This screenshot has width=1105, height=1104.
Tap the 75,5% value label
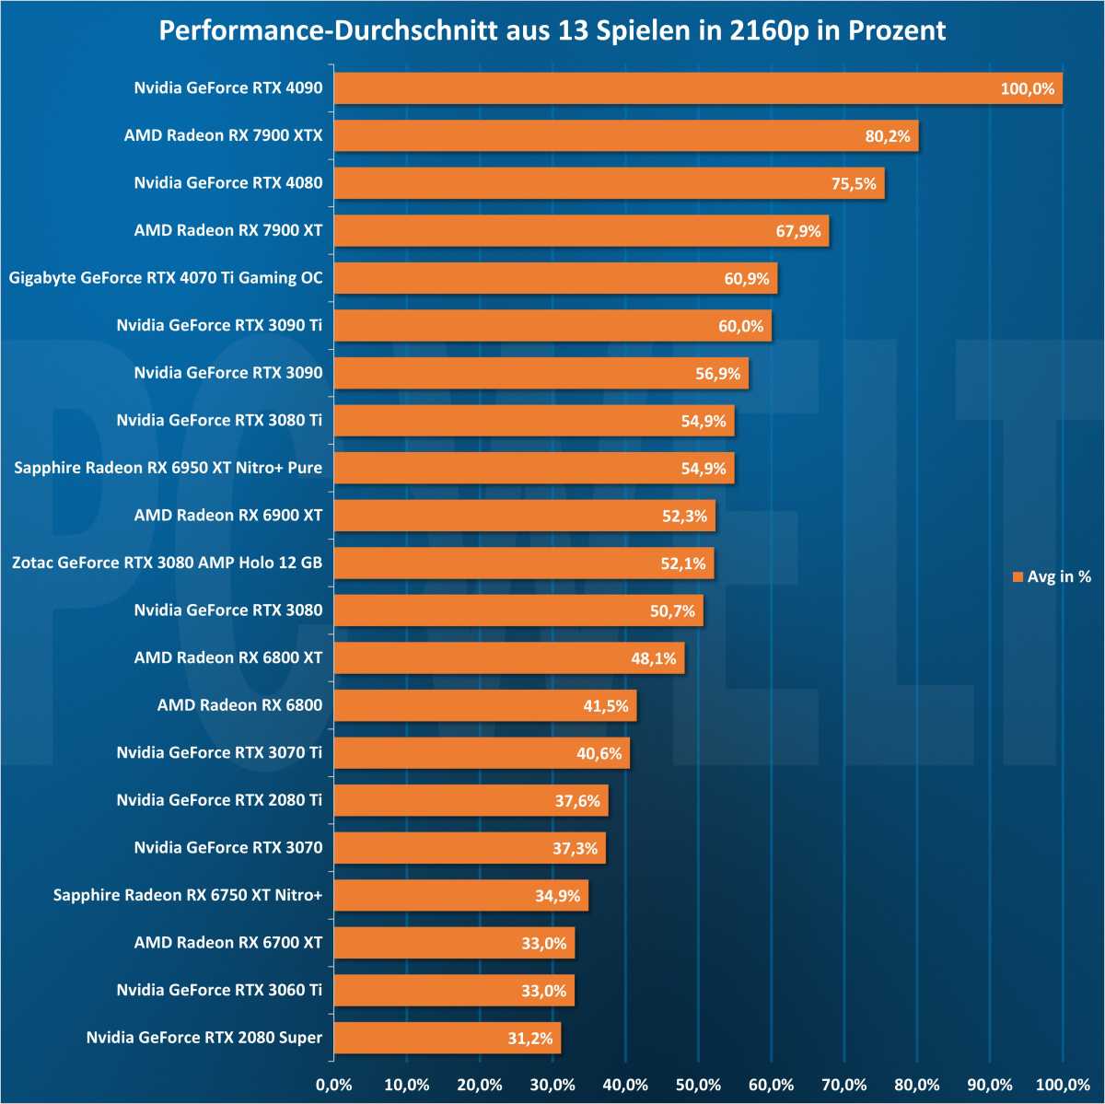point(854,183)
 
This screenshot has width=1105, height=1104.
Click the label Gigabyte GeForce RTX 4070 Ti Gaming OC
point(166,278)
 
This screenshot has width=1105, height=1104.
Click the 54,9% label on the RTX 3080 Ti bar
point(704,421)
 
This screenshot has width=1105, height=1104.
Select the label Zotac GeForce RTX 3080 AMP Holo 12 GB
point(167,563)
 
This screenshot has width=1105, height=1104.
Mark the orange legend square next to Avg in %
point(1018,577)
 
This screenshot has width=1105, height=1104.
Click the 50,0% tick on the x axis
point(698,1085)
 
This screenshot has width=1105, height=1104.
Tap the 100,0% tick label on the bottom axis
point(1062,1085)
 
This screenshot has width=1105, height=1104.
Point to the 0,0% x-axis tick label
point(333,1085)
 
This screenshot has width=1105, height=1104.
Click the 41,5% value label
point(606,706)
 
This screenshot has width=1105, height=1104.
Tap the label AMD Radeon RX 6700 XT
point(228,943)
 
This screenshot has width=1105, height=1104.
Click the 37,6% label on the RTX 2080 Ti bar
point(577,801)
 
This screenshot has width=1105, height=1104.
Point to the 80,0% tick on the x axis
point(916,1085)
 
